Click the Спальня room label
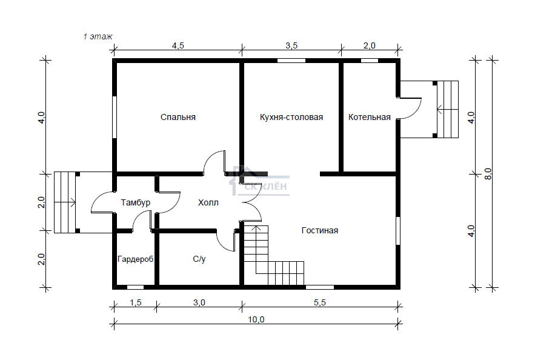(x=178, y=117)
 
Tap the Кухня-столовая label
(x=291, y=117)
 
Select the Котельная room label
(x=369, y=117)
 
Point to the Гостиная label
(x=320, y=230)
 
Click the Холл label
(x=208, y=202)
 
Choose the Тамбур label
(x=136, y=202)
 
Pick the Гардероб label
(x=136, y=259)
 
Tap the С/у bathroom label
(x=199, y=259)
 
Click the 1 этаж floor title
(x=98, y=36)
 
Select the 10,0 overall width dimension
(x=256, y=320)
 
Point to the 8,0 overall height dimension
(x=488, y=174)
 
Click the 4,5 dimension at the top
(x=178, y=45)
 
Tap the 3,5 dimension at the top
(x=291, y=45)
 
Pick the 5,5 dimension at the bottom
(x=320, y=302)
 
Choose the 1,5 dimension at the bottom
(x=136, y=302)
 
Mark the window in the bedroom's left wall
(x=115, y=117)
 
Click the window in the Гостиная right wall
(x=398, y=231)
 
